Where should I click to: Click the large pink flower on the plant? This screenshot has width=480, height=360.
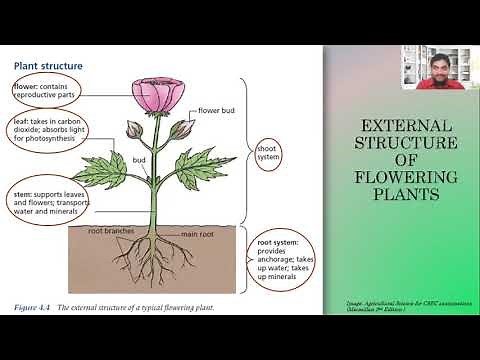click(x=160, y=96)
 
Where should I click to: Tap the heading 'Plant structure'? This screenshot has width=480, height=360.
click(x=48, y=66)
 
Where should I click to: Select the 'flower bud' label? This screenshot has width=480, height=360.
click(x=218, y=110)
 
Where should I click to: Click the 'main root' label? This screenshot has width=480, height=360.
click(x=200, y=235)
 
